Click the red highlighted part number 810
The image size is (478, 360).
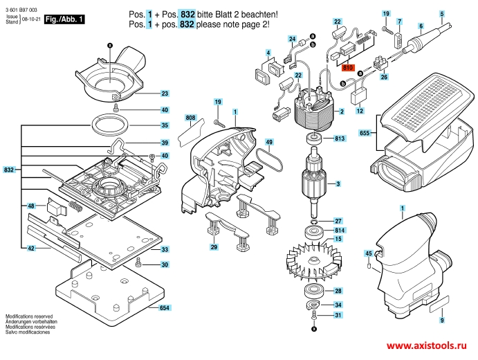(347, 68)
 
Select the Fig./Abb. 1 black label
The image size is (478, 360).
(64, 19)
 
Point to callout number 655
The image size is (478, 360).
(365, 132)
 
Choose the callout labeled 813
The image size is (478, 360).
(340, 139)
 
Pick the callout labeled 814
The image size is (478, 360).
(340, 230)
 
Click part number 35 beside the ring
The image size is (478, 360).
(165, 125)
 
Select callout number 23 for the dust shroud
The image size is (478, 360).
(165, 93)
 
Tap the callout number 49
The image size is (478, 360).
(270, 143)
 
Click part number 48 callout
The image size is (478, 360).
(32, 206)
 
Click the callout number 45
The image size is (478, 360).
(368, 253)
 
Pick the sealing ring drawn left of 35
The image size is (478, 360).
(111, 125)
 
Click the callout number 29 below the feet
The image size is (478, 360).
(214, 247)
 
